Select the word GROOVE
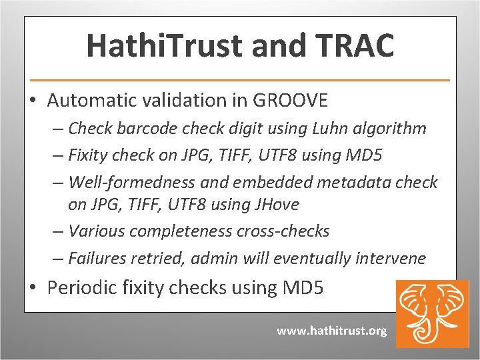290,101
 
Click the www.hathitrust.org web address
331,331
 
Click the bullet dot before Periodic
33,288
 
